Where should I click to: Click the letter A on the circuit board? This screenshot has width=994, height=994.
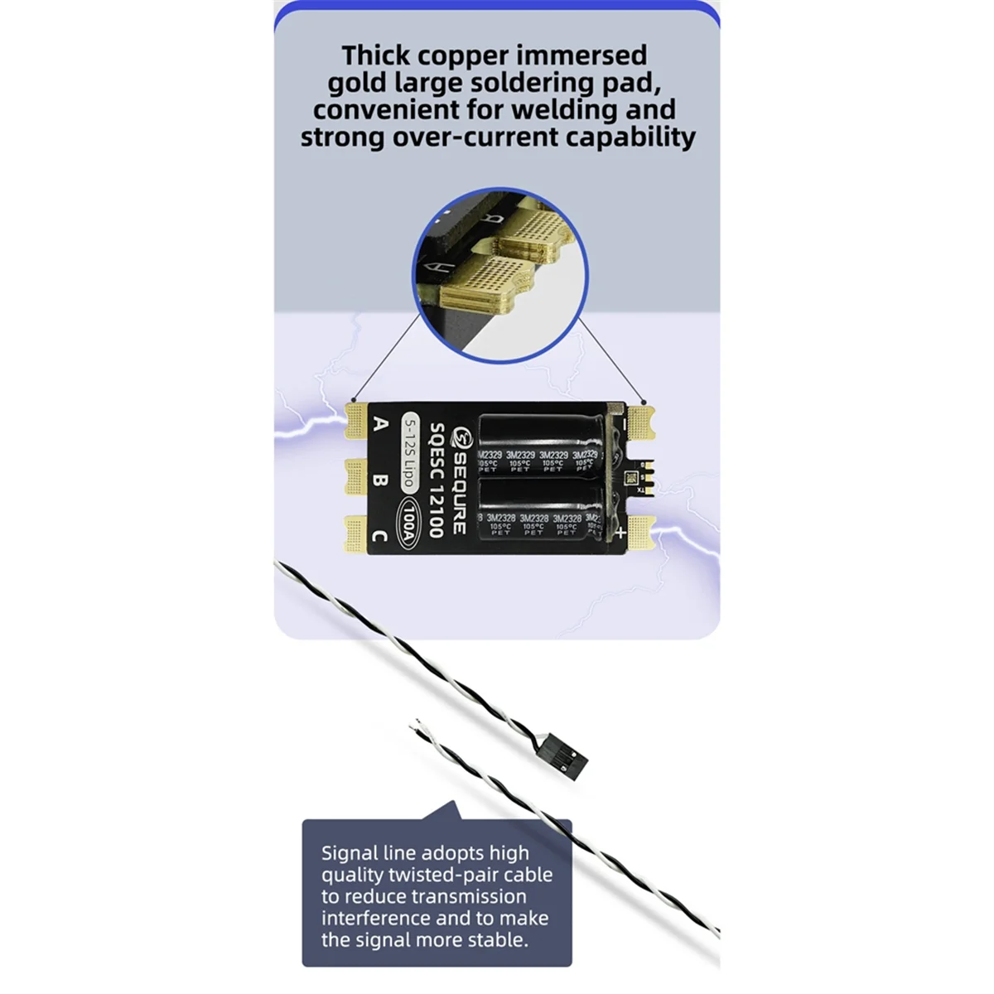tap(380, 424)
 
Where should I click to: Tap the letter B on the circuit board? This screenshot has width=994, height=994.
tap(380, 480)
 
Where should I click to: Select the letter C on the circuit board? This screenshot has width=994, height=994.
tap(379, 536)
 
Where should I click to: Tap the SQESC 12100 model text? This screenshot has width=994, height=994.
tap(436, 480)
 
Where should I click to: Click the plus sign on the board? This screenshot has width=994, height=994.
tap(620, 534)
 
